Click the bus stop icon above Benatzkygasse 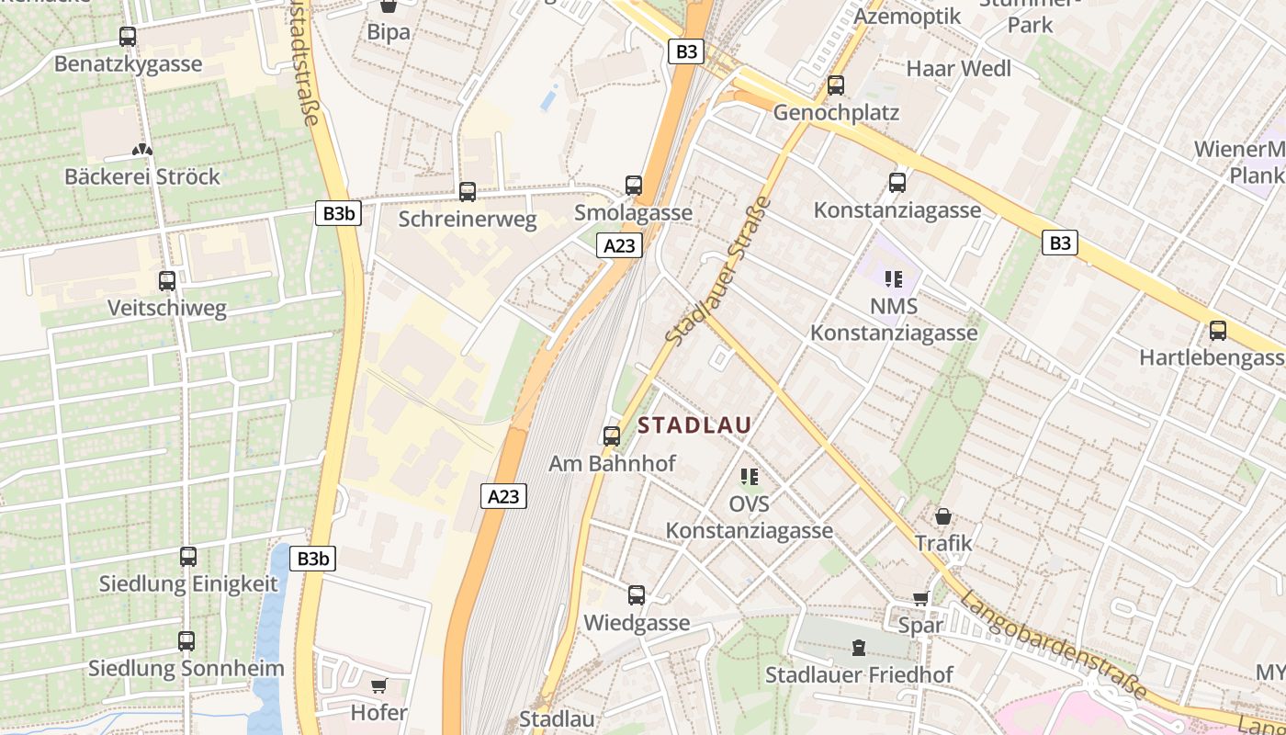click(128, 37)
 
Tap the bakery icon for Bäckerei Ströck click(141, 149)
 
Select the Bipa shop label click(389, 32)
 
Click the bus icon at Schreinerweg click(468, 192)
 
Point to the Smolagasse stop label click(633, 213)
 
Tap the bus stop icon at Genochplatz click(836, 85)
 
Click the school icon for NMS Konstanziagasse click(893, 278)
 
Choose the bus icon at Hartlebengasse click(1218, 331)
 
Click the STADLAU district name click(694, 425)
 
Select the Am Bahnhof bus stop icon click(612, 436)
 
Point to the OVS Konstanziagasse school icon click(750, 477)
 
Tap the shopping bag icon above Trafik click(943, 517)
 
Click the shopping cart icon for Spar click(920, 599)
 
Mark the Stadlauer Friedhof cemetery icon click(859, 648)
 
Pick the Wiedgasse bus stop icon click(637, 595)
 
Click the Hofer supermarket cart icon click(378, 685)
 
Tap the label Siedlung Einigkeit click(188, 584)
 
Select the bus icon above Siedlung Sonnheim click(186, 641)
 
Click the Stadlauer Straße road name click(717, 272)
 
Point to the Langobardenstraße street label click(1054, 645)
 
